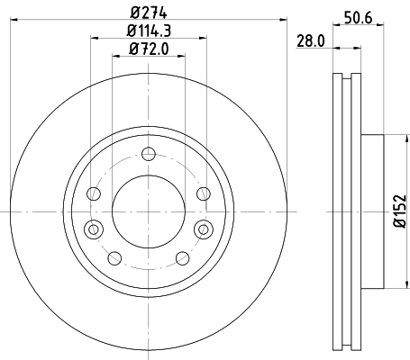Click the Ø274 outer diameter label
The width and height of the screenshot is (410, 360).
pos(150,12)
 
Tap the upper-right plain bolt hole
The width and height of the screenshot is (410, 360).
pos(204,193)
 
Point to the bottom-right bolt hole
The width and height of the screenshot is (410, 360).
pos(182,257)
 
